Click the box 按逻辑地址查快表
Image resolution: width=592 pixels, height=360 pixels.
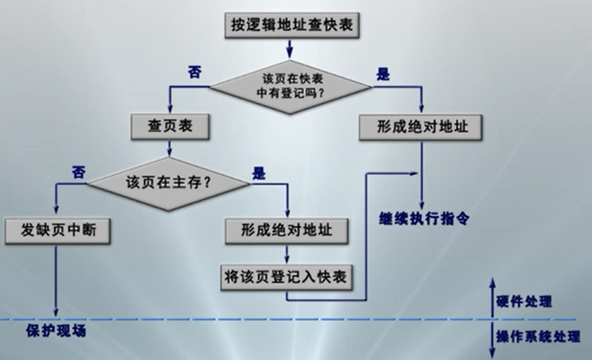click(291, 26)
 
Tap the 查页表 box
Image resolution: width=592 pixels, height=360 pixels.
click(169, 126)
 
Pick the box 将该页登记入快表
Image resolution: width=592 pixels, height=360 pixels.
click(287, 274)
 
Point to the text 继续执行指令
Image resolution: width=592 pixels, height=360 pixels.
click(425, 216)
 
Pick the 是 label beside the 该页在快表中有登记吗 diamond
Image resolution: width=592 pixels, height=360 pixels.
click(384, 74)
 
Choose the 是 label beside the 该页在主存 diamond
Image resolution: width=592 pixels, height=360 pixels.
click(259, 174)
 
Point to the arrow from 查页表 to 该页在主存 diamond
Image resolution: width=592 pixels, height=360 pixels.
click(169, 147)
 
